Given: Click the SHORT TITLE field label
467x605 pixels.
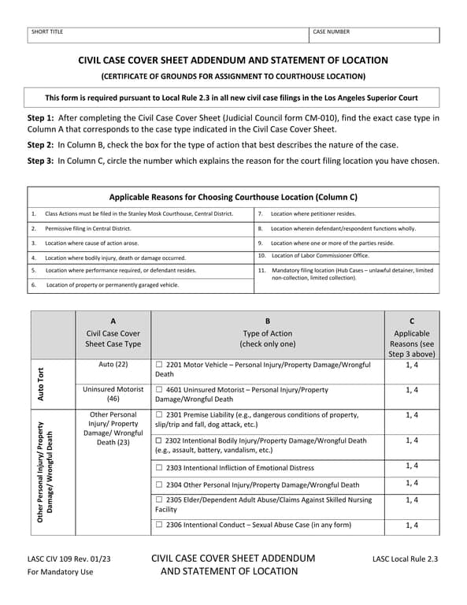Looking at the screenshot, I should coord(47,32).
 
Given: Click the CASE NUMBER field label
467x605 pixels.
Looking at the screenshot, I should coord(331,32).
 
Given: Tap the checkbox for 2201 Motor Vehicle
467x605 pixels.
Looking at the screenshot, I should coord(159,365).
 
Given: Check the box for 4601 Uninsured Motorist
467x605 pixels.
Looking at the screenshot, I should coord(159,390).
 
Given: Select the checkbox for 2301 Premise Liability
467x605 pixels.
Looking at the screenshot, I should coord(159,414).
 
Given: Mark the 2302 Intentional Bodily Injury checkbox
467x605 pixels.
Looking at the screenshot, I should coord(159,440).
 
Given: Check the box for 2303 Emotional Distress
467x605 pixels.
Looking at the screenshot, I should coord(159,468).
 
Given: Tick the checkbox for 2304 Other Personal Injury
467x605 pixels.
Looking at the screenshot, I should coord(159,484).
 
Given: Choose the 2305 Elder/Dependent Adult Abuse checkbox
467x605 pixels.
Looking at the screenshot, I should coord(159,499).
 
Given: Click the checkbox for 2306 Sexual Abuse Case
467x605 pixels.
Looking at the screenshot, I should coord(159,525).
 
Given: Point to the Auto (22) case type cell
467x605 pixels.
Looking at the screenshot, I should coord(113,365).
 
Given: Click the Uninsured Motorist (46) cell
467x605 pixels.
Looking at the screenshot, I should coord(113,394).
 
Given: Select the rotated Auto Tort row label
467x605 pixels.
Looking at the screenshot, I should coord(52,383).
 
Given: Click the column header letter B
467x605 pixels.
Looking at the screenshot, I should coord(268,321).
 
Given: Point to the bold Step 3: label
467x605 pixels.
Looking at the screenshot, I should coord(41,161).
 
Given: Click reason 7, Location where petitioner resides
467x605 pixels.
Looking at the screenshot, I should coord(313,213).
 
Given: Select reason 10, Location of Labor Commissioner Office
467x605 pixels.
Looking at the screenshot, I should coord(319,255).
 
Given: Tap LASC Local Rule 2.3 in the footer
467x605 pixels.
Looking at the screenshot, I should coord(405,560).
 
